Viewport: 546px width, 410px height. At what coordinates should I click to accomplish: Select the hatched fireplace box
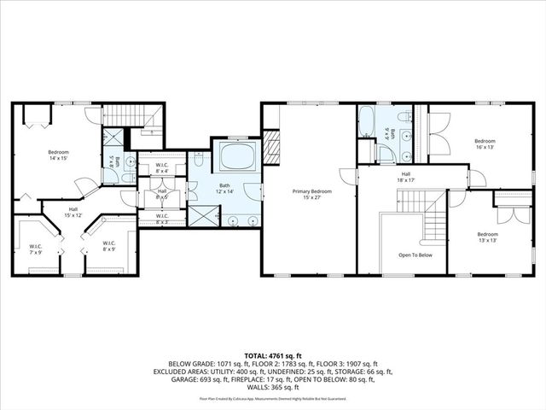(x=271, y=141)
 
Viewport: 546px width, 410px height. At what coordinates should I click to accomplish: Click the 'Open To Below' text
(x=415, y=255)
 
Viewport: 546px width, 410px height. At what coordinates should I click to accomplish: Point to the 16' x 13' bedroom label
(x=485, y=143)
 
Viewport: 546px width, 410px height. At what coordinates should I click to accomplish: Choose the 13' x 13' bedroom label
(x=488, y=237)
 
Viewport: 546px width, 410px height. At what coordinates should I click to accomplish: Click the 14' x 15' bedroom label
(x=58, y=155)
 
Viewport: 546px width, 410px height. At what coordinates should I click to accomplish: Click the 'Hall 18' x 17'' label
(x=406, y=177)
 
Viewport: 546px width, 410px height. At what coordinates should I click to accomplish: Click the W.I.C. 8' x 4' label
(x=162, y=168)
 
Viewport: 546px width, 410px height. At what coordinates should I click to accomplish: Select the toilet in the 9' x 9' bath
(x=386, y=153)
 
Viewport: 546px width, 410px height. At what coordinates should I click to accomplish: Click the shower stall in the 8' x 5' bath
(x=113, y=138)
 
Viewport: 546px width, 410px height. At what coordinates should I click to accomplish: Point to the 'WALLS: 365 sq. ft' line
(x=273, y=389)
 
